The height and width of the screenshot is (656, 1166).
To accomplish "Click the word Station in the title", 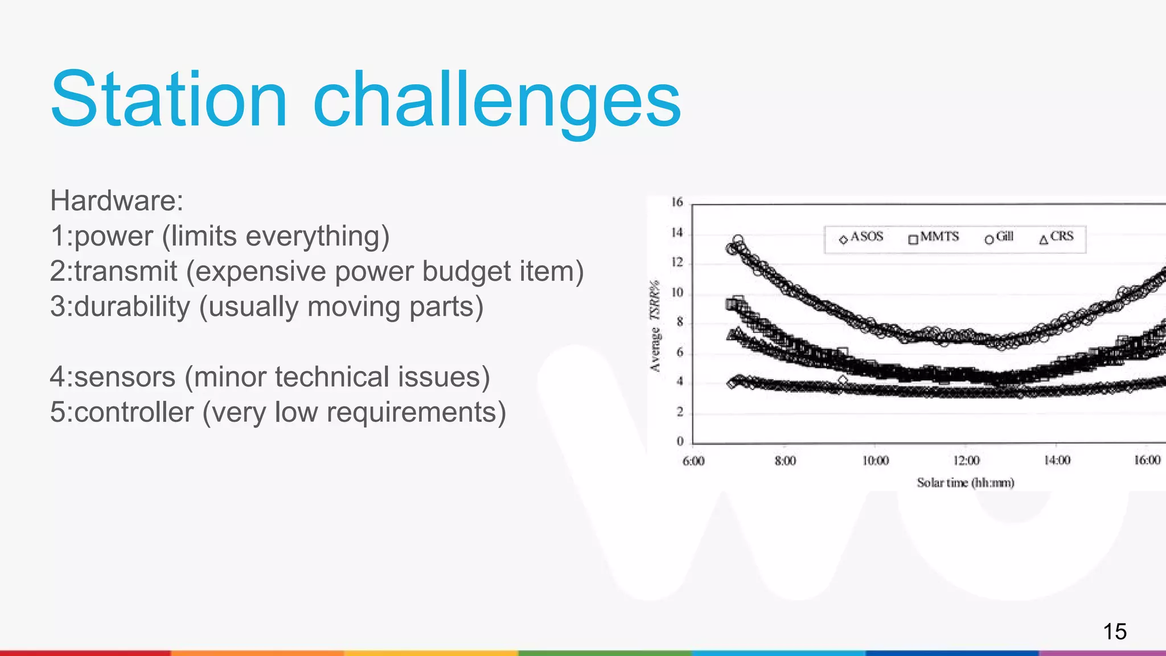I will coord(169,100).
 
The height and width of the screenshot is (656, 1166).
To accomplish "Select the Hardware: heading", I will coord(117,200).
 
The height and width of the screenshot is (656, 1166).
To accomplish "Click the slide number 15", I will coord(1114,632).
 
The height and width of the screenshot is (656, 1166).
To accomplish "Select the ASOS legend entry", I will coord(861,237).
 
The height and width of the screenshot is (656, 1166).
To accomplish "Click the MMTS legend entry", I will coord(934,237).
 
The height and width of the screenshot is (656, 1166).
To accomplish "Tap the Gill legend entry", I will coord(1000,237).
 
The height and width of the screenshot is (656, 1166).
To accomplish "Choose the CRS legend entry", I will coord(1057,237).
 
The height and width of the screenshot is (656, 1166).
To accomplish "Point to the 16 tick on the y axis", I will coord(677,202).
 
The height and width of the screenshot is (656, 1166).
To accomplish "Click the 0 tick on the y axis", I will coord(680,441).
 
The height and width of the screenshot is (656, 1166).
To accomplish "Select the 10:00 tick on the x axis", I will coord(875,461).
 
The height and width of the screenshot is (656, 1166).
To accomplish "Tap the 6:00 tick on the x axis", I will coord(693,461).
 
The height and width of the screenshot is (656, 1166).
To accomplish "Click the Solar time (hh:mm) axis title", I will coord(966,483).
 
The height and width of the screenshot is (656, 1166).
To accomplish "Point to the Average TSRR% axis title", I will coord(656,326).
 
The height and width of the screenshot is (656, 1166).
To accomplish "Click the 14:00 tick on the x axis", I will coord(1057,460).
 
